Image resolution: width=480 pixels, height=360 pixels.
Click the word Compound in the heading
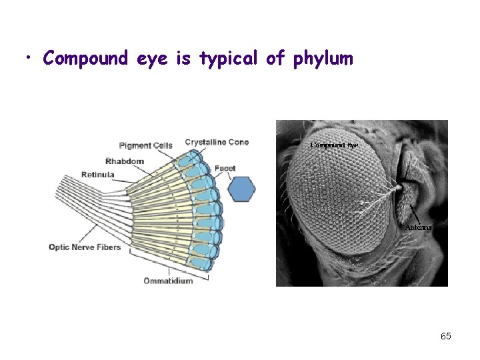[x=85, y=59]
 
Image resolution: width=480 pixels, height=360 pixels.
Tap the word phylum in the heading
[x=322, y=59]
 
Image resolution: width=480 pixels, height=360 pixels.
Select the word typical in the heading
[x=227, y=59]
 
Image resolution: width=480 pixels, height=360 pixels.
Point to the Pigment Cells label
[x=145, y=145]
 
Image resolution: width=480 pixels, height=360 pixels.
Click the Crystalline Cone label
[x=217, y=142]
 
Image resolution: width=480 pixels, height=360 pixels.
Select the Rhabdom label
[x=125, y=161]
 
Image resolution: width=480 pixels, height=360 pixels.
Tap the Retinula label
[x=97, y=175]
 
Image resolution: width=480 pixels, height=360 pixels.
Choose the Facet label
[x=225, y=168]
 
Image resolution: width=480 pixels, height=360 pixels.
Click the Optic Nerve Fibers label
[x=85, y=247]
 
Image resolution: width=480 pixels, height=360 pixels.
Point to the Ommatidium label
[x=169, y=281]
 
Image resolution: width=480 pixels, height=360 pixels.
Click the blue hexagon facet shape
[x=241, y=189]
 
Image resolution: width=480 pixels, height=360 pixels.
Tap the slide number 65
[x=445, y=336]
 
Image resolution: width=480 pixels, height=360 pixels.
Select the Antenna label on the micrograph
[x=419, y=227]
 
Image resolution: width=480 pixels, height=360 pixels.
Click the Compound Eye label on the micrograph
[x=334, y=145]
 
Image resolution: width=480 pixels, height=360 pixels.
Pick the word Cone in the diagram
[x=238, y=142]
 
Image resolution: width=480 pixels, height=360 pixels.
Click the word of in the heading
[x=275, y=59]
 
